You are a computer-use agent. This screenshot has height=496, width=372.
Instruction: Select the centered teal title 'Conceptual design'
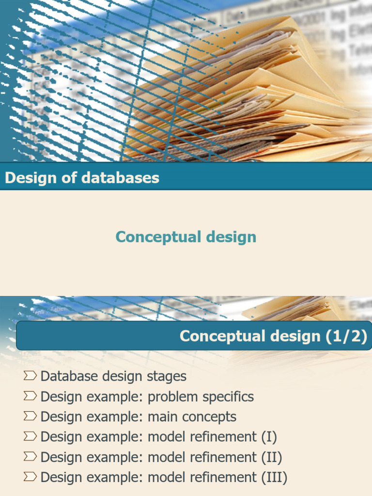coord(186,237)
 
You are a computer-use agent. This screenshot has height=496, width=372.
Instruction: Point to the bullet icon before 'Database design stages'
coord(30,375)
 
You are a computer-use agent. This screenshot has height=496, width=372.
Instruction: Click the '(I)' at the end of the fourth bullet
coord(269,437)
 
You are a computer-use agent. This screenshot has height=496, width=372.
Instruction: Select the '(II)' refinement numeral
coord(272,457)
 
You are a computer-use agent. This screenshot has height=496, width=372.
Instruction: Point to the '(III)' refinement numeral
coord(274,478)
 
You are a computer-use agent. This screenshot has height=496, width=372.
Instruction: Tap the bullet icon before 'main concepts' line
coord(30,416)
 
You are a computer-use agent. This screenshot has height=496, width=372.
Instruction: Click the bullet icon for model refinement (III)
coord(30,477)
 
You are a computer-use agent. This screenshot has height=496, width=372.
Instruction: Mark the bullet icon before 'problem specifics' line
coord(30,396)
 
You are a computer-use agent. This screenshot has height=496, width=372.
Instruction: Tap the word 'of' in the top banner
coord(59,178)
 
